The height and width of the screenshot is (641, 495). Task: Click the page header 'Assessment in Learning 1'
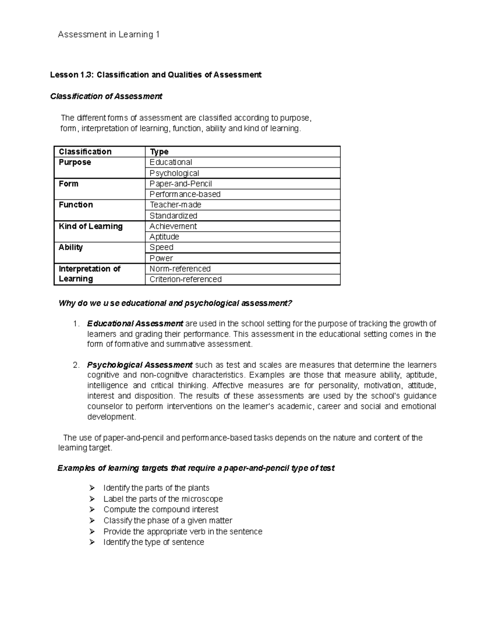pos(108,35)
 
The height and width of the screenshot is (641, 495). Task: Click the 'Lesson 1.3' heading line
pos(156,75)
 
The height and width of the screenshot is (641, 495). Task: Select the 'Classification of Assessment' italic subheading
pos(106,96)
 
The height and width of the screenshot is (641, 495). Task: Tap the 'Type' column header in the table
pos(159,151)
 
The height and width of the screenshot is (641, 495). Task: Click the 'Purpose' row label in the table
pos(75,162)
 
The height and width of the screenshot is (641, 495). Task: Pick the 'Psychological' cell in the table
pos(174,173)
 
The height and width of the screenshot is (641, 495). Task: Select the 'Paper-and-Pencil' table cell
pos(181,184)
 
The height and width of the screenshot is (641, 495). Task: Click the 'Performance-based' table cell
pos(185,194)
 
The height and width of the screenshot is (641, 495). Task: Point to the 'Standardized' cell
pos(173,215)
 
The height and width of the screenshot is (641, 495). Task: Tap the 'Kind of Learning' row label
pos(91,226)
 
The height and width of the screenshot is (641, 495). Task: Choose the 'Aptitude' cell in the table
pos(164,237)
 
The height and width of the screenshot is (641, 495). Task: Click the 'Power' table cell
pos(161,258)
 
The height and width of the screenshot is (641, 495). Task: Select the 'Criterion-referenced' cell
pos(186,279)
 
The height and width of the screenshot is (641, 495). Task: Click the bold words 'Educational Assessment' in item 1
pos(135,323)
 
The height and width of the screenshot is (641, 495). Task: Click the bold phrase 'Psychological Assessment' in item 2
pos(139,365)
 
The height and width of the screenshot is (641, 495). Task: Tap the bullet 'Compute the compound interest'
pos(161,509)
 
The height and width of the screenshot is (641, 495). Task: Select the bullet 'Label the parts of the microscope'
pos(163,499)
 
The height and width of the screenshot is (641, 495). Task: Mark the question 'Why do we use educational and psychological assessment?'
pos(175,303)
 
